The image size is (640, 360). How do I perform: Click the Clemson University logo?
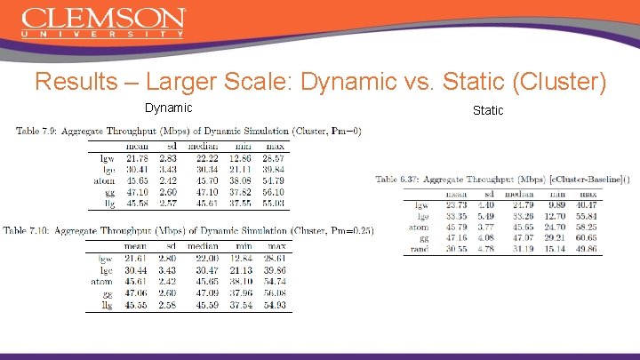(103, 22)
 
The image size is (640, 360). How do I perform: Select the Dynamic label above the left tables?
(168, 108)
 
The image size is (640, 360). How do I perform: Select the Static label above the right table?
(488, 110)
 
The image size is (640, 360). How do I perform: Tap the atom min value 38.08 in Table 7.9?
(241, 180)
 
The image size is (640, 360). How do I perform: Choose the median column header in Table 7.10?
(203, 246)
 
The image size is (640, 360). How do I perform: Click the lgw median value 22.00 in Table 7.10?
(204, 258)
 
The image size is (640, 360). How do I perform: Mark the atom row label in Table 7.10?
(101, 282)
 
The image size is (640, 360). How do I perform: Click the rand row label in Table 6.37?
(420, 249)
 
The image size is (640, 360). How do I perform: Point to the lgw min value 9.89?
(555, 204)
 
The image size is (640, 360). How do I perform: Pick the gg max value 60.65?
(587, 237)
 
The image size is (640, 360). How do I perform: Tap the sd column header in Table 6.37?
(488, 193)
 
